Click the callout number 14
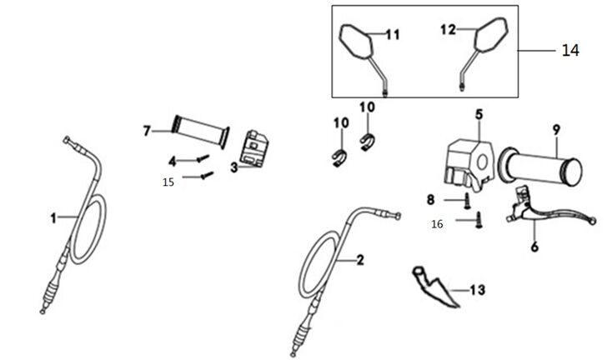pyautogui.click(x=570, y=51)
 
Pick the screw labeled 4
pyautogui.click(x=202, y=157)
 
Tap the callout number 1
pyautogui.click(x=53, y=218)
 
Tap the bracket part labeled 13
pyautogui.click(x=435, y=286)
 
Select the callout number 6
pyautogui.click(x=535, y=247)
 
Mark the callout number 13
pyautogui.click(x=477, y=290)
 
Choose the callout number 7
pyautogui.click(x=147, y=131)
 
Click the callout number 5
pyautogui.click(x=479, y=112)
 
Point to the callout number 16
pyautogui.click(x=437, y=224)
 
